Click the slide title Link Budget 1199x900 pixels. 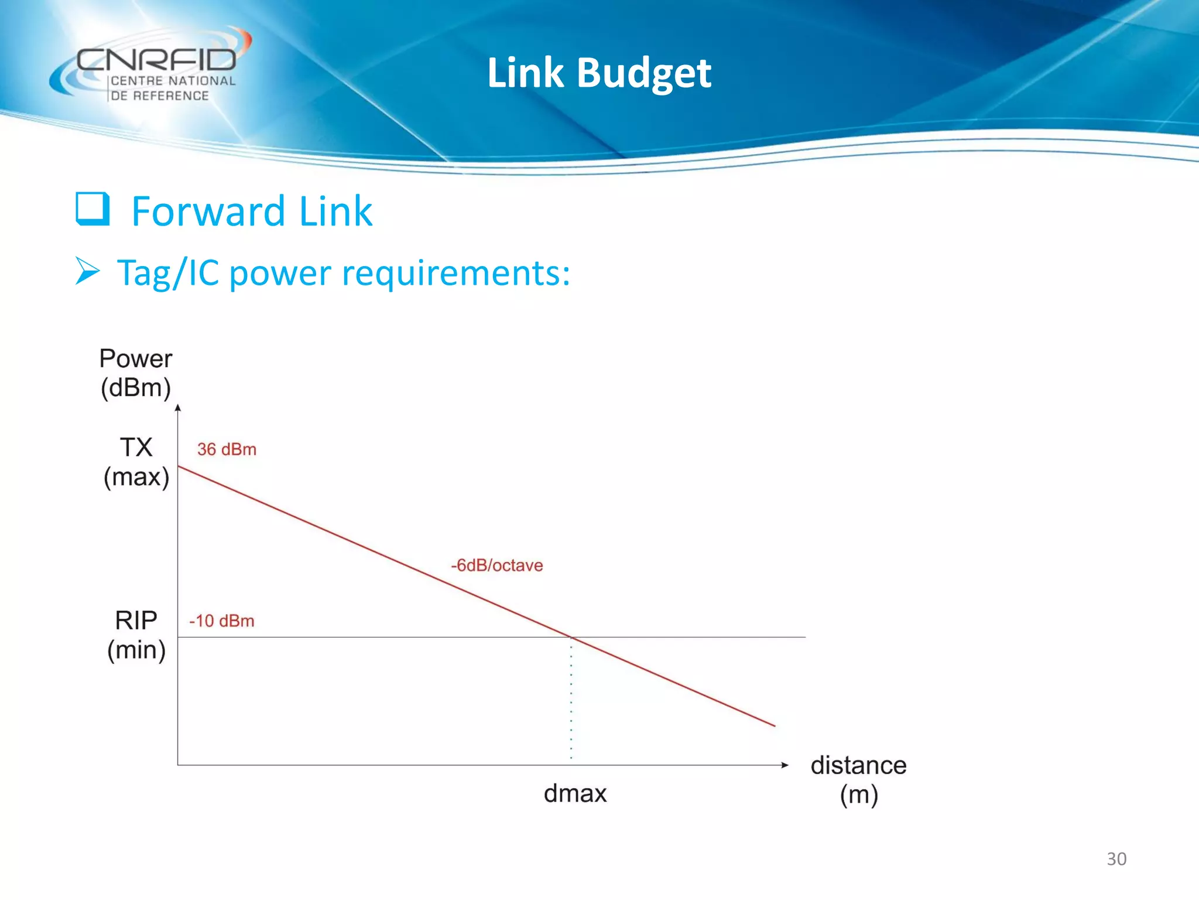point(599,73)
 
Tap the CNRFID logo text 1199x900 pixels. point(156,60)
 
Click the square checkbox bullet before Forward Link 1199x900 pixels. point(93,209)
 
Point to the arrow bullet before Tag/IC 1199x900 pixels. point(88,272)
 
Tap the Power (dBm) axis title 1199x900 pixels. point(136,373)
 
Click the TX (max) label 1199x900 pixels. point(136,462)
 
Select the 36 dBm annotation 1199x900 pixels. point(227,449)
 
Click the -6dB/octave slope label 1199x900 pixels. point(496,565)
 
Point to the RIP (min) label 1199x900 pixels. point(136,635)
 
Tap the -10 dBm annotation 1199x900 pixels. point(221,621)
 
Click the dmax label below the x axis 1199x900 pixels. point(575,793)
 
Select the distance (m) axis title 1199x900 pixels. point(858,780)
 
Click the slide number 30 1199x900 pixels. point(1116,858)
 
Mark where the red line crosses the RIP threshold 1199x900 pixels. point(571,637)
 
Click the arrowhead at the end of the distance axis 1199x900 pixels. point(785,765)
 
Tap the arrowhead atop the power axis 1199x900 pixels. point(178,408)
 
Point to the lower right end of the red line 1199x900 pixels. point(774,725)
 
